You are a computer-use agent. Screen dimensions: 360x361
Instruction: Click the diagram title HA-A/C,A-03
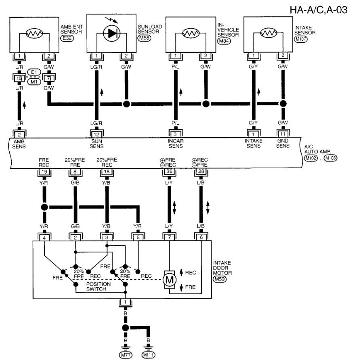318,9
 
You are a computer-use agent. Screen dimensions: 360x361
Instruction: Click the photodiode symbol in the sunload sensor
111,34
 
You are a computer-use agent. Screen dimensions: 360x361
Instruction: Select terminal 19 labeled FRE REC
44,172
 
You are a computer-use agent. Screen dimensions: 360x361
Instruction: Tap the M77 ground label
125,354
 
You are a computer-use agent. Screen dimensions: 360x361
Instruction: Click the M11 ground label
149,354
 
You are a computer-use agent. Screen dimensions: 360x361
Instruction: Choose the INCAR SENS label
175,143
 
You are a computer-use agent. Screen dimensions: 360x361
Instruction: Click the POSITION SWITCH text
96,286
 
